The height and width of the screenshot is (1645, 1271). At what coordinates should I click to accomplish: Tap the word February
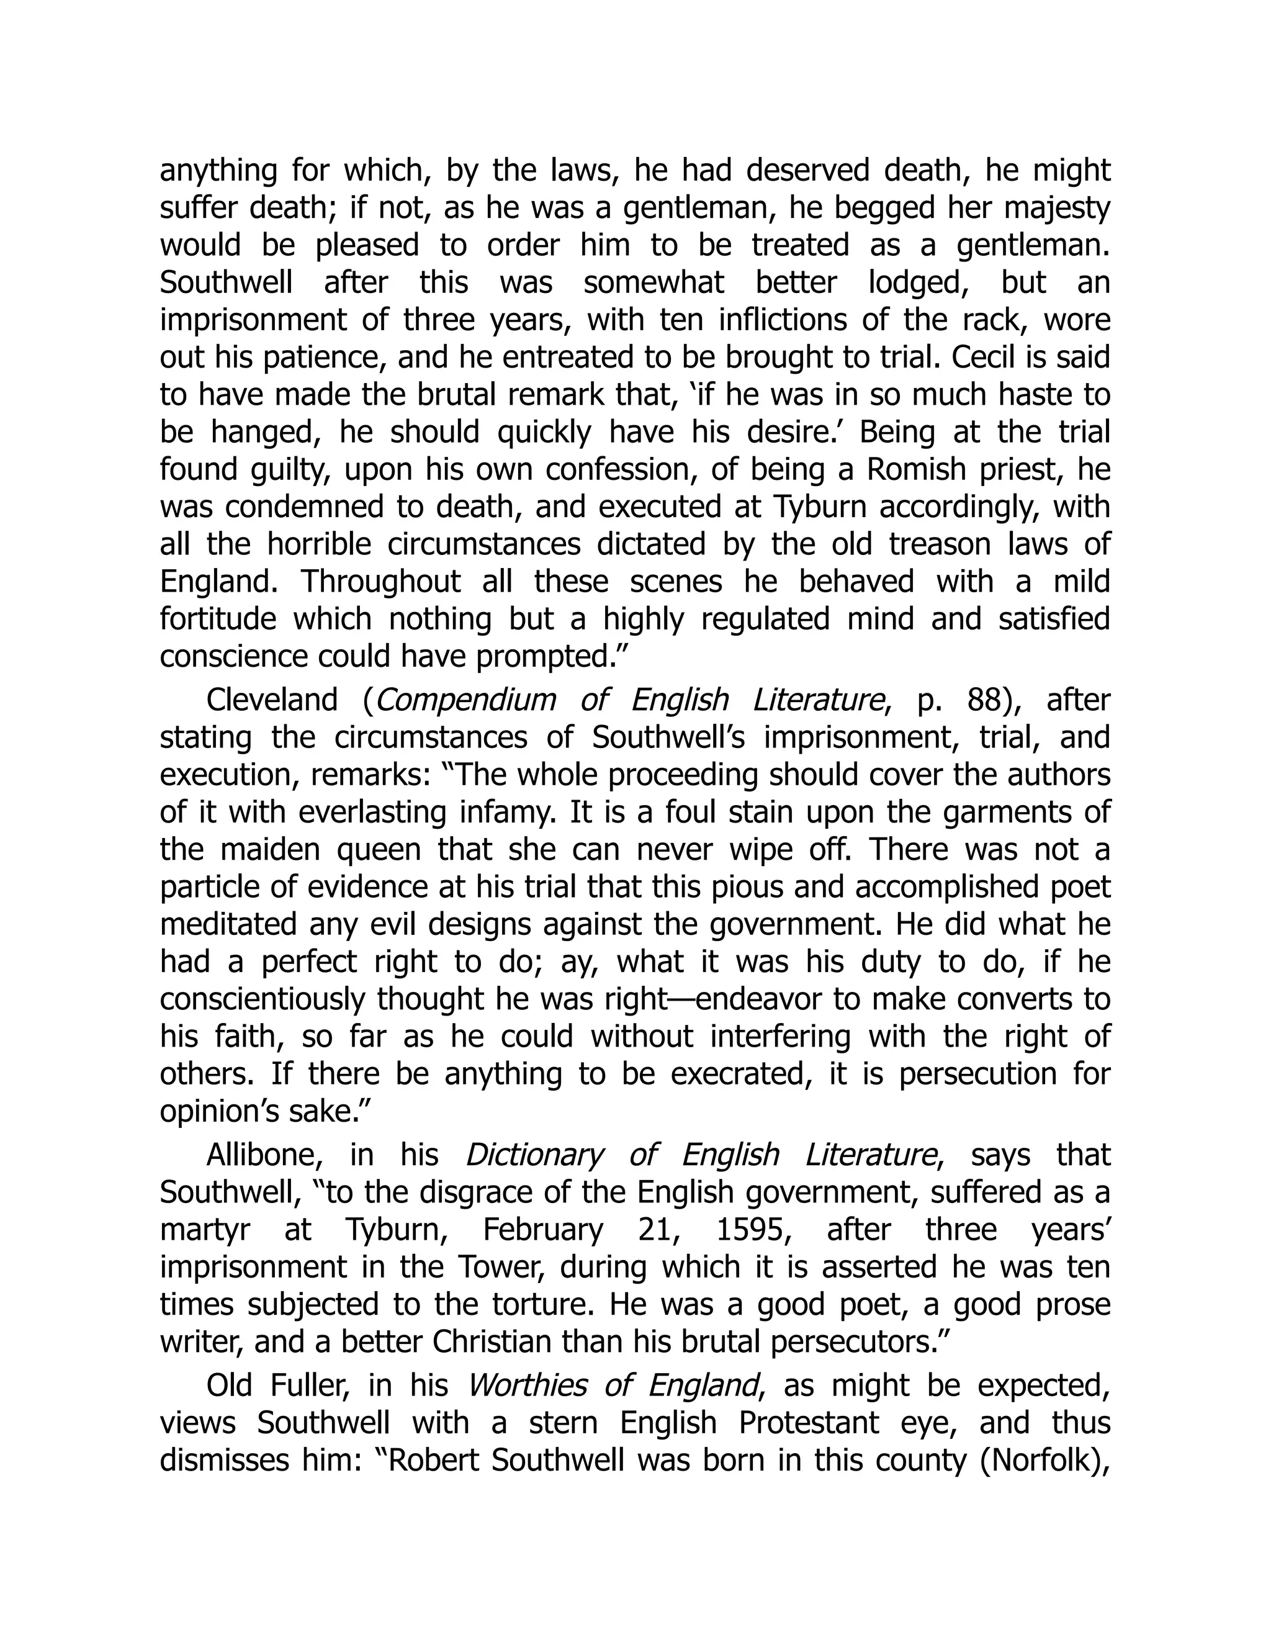543,1230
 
